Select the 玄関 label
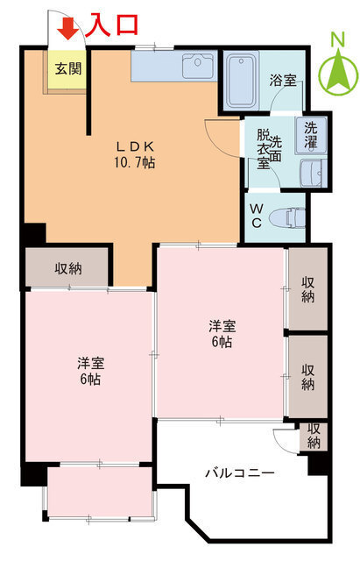point(66,67)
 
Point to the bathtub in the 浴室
point(244,80)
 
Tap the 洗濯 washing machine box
point(312,132)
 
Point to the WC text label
point(258,216)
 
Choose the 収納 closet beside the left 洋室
point(68,268)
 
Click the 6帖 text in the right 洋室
point(221,342)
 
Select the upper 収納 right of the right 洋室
point(308,289)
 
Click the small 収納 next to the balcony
point(313,436)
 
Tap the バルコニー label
point(240,473)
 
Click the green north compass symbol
point(337,70)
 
